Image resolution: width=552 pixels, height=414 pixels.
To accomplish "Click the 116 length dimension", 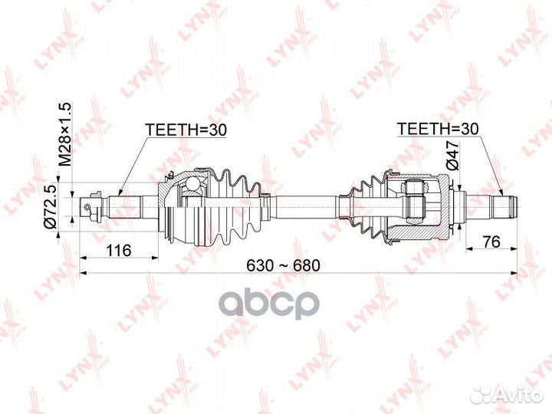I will pyautogui.click(x=119, y=250).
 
